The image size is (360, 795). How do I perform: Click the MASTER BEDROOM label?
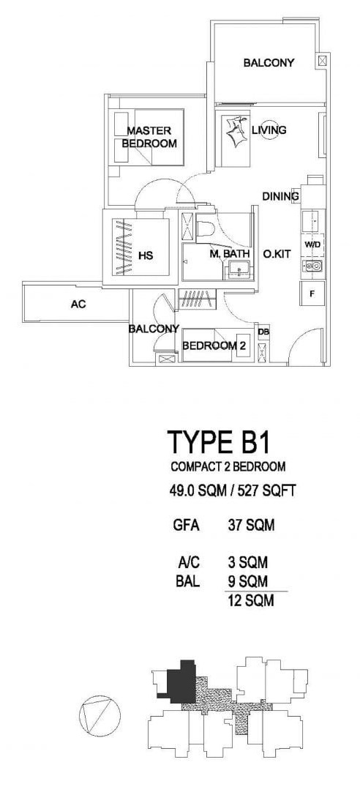(x=149, y=137)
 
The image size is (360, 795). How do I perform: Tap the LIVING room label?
(x=269, y=130)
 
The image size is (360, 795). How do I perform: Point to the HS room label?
(x=146, y=256)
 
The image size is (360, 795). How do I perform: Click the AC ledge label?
(x=78, y=305)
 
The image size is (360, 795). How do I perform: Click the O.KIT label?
(x=277, y=254)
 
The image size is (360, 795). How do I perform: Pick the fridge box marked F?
(x=312, y=294)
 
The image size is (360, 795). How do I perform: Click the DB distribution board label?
(x=263, y=332)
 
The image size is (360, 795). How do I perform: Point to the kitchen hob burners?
(x=313, y=265)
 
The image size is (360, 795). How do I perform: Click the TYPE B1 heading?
(x=218, y=442)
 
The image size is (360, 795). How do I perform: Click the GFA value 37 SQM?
(x=252, y=526)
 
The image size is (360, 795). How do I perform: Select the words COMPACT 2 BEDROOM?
(x=228, y=466)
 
